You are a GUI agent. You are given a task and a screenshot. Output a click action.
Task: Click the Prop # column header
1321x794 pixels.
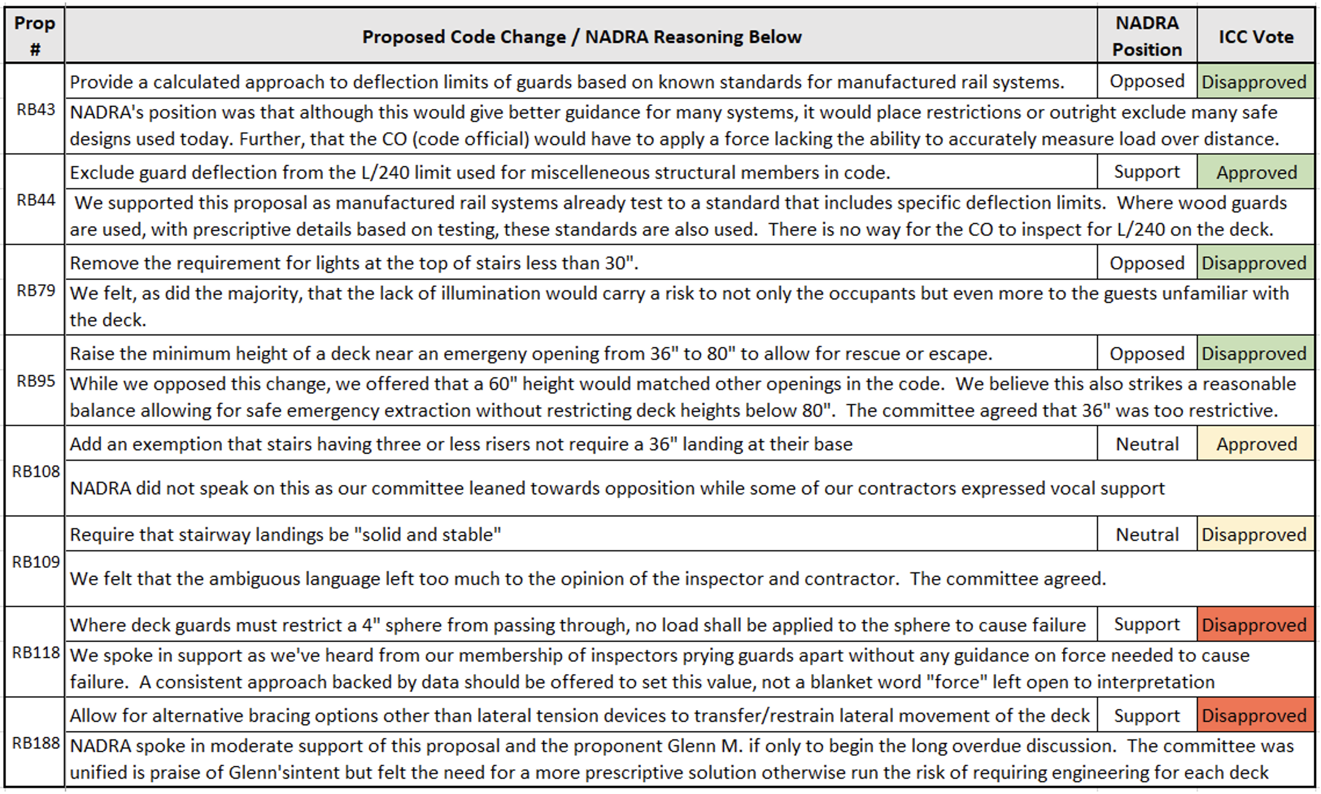(35, 36)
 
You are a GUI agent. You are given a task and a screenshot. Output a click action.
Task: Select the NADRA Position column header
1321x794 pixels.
(1146, 36)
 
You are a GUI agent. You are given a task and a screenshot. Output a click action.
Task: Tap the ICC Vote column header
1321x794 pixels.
(1255, 37)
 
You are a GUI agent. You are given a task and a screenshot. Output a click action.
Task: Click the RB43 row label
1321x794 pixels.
(36, 110)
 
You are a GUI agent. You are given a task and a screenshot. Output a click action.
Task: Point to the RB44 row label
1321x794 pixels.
(36, 200)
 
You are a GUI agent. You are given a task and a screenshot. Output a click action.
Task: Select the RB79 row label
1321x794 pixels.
(36, 290)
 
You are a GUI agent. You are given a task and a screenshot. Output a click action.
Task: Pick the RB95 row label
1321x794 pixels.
(36, 381)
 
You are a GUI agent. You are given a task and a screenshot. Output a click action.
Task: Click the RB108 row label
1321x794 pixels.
(36, 471)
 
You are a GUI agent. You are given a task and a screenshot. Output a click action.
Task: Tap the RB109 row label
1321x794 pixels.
(36, 562)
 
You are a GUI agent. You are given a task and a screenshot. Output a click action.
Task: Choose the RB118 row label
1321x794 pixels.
(36, 652)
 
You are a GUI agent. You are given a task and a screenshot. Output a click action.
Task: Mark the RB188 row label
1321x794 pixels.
(36, 743)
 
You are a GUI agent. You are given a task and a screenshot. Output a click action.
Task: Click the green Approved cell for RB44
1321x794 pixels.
(1256, 173)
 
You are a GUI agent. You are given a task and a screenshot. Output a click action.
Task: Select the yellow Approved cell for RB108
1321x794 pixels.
(1256, 444)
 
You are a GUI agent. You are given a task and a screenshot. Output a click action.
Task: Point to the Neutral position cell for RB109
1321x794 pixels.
(1146, 535)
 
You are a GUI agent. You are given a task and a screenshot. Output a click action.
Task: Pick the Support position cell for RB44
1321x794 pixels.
(1146, 172)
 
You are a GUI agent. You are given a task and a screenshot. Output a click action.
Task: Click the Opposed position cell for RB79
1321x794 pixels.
(1146, 263)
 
